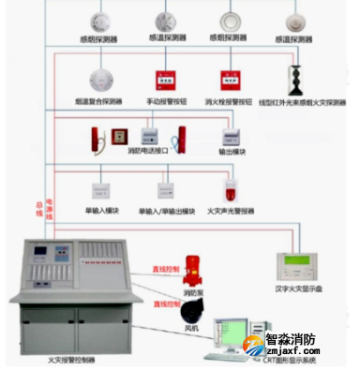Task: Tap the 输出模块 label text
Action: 232,150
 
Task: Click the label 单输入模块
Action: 102,211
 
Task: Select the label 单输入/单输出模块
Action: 167,211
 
